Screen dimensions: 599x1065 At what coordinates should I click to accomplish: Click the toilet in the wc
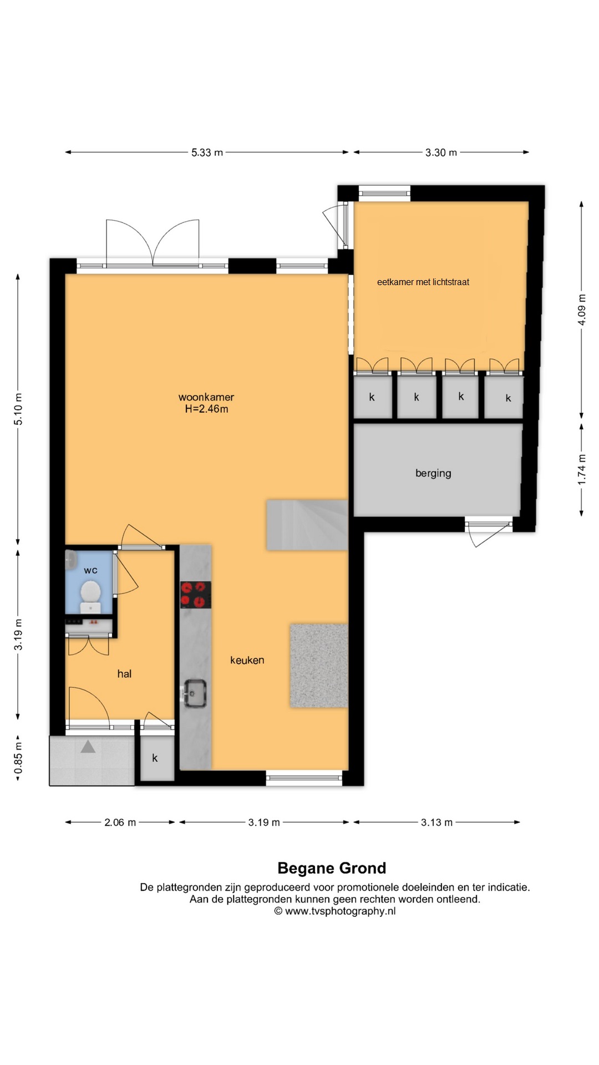tap(90, 596)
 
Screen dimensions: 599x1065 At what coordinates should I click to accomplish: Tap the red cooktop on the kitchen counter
tap(196, 595)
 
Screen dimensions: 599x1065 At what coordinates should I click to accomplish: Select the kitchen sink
tap(195, 693)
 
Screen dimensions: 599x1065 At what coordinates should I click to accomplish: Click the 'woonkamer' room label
tap(206, 397)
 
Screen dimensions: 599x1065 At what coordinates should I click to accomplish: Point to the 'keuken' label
tap(247, 660)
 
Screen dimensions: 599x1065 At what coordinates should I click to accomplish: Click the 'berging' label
tap(433, 473)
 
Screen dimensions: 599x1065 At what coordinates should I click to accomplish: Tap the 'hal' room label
tap(124, 673)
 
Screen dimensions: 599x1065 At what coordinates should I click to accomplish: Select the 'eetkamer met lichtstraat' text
tap(423, 282)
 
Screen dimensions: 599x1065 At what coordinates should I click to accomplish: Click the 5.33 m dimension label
tap(207, 153)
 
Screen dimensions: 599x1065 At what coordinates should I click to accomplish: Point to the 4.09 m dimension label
tap(581, 310)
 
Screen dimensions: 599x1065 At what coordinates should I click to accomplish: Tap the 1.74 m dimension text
tap(581, 469)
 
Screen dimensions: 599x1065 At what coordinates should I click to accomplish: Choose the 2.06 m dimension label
tap(120, 822)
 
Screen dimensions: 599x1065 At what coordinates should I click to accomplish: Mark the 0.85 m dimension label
tap(18, 758)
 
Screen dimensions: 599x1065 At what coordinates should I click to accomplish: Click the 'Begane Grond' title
tap(332, 868)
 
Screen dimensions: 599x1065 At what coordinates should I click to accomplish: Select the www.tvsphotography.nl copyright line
tap(335, 911)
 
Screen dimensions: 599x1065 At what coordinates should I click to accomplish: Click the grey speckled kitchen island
tap(319, 666)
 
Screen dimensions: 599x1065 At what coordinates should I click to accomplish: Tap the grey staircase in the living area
tap(307, 525)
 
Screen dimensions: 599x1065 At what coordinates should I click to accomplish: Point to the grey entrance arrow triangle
tap(88, 747)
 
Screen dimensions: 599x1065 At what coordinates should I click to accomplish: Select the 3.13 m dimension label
tap(436, 822)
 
